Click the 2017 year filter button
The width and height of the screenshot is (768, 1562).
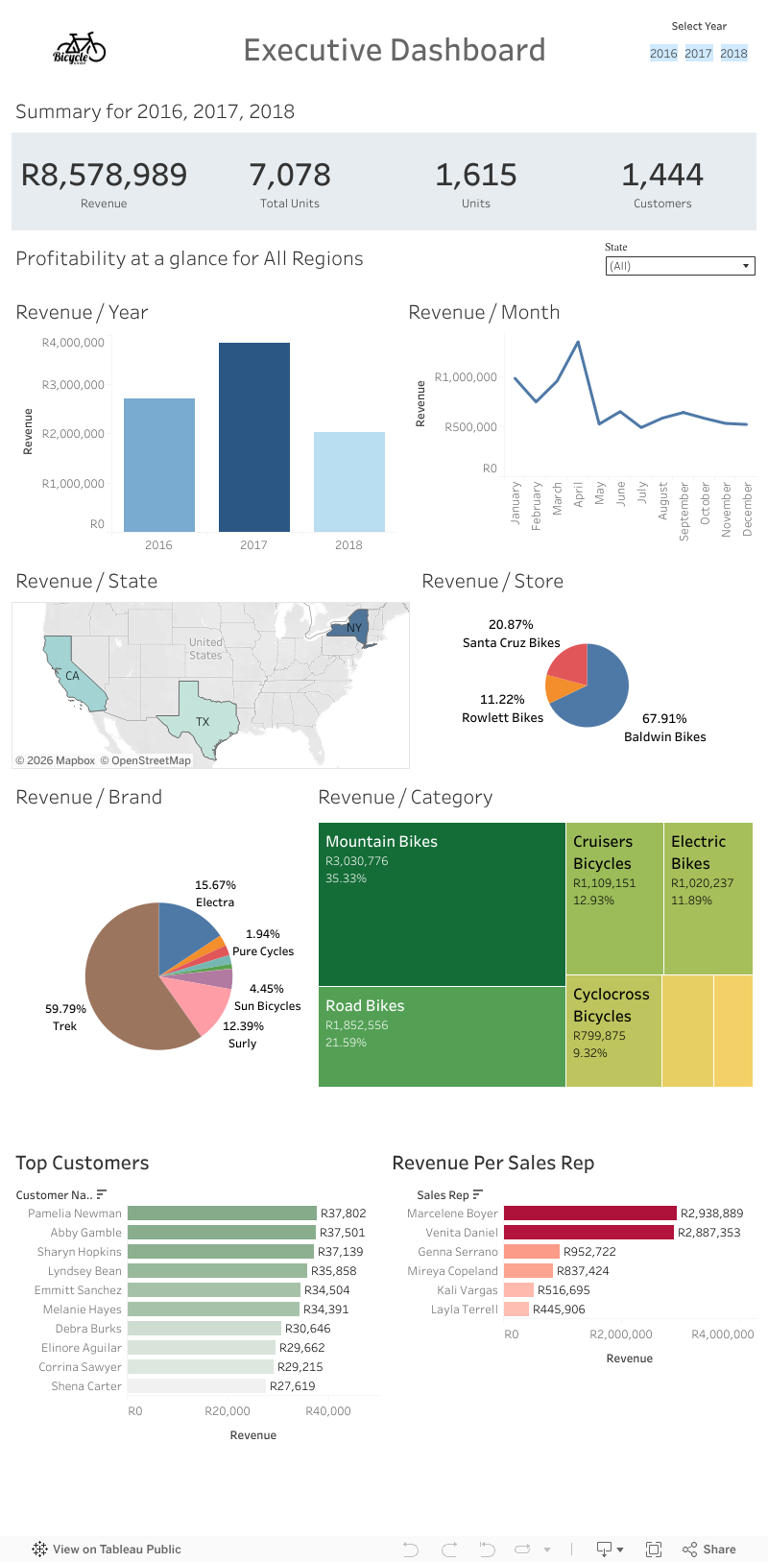tap(698, 54)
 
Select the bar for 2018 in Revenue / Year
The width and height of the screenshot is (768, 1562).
tap(348, 481)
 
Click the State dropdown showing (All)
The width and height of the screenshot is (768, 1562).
tap(680, 266)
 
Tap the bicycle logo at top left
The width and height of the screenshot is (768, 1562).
tap(79, 48)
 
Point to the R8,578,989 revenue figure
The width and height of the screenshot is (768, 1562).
tap(104, 175)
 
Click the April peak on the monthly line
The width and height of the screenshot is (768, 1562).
tap(578, 342)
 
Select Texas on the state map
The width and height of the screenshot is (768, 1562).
tap(200, 716)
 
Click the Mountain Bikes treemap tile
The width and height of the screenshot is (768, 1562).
tap(442, 903)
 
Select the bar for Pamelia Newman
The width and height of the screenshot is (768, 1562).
tap(222, 1214)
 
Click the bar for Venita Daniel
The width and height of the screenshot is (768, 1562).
tap(588, 1233)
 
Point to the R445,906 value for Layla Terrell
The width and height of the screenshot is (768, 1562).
tap(559, 1310)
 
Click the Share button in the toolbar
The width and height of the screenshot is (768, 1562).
tap(709, 1549)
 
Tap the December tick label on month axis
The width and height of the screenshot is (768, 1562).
tap(748, 509)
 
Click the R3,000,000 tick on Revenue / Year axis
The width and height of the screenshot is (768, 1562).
tap(73, 385)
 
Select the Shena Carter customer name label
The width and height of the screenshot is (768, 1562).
tap(86, 1386)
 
